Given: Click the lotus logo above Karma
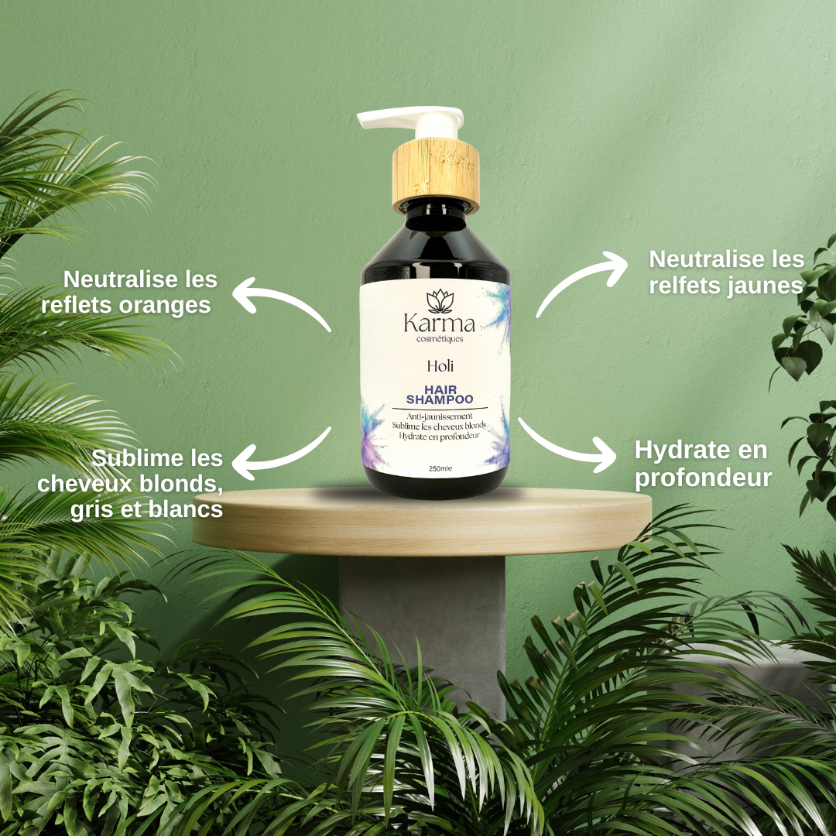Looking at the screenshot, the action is [440, 301].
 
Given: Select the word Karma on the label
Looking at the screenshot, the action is [439, 323].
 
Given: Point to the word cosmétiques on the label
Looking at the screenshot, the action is [440, 339].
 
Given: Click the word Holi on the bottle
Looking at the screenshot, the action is [440, 365].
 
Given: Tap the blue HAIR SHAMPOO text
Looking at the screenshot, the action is [440, 395].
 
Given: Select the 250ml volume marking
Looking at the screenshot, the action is [440, 468].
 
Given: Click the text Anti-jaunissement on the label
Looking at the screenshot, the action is [440, 416].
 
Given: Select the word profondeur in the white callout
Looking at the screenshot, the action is [703, 478].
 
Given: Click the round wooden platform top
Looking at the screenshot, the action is [422, 520].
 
